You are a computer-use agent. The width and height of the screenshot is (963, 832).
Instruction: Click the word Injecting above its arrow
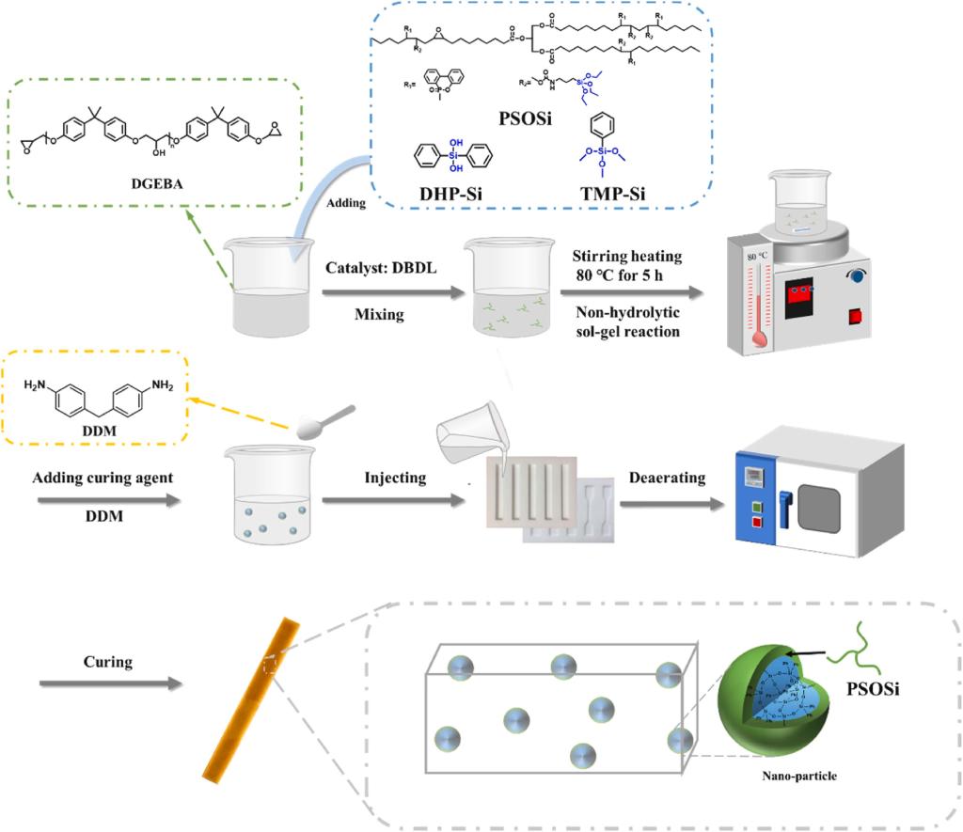[395, 479]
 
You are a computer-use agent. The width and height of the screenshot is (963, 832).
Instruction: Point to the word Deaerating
[667, 479]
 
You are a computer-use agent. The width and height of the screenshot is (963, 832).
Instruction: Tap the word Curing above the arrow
[106, 662]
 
